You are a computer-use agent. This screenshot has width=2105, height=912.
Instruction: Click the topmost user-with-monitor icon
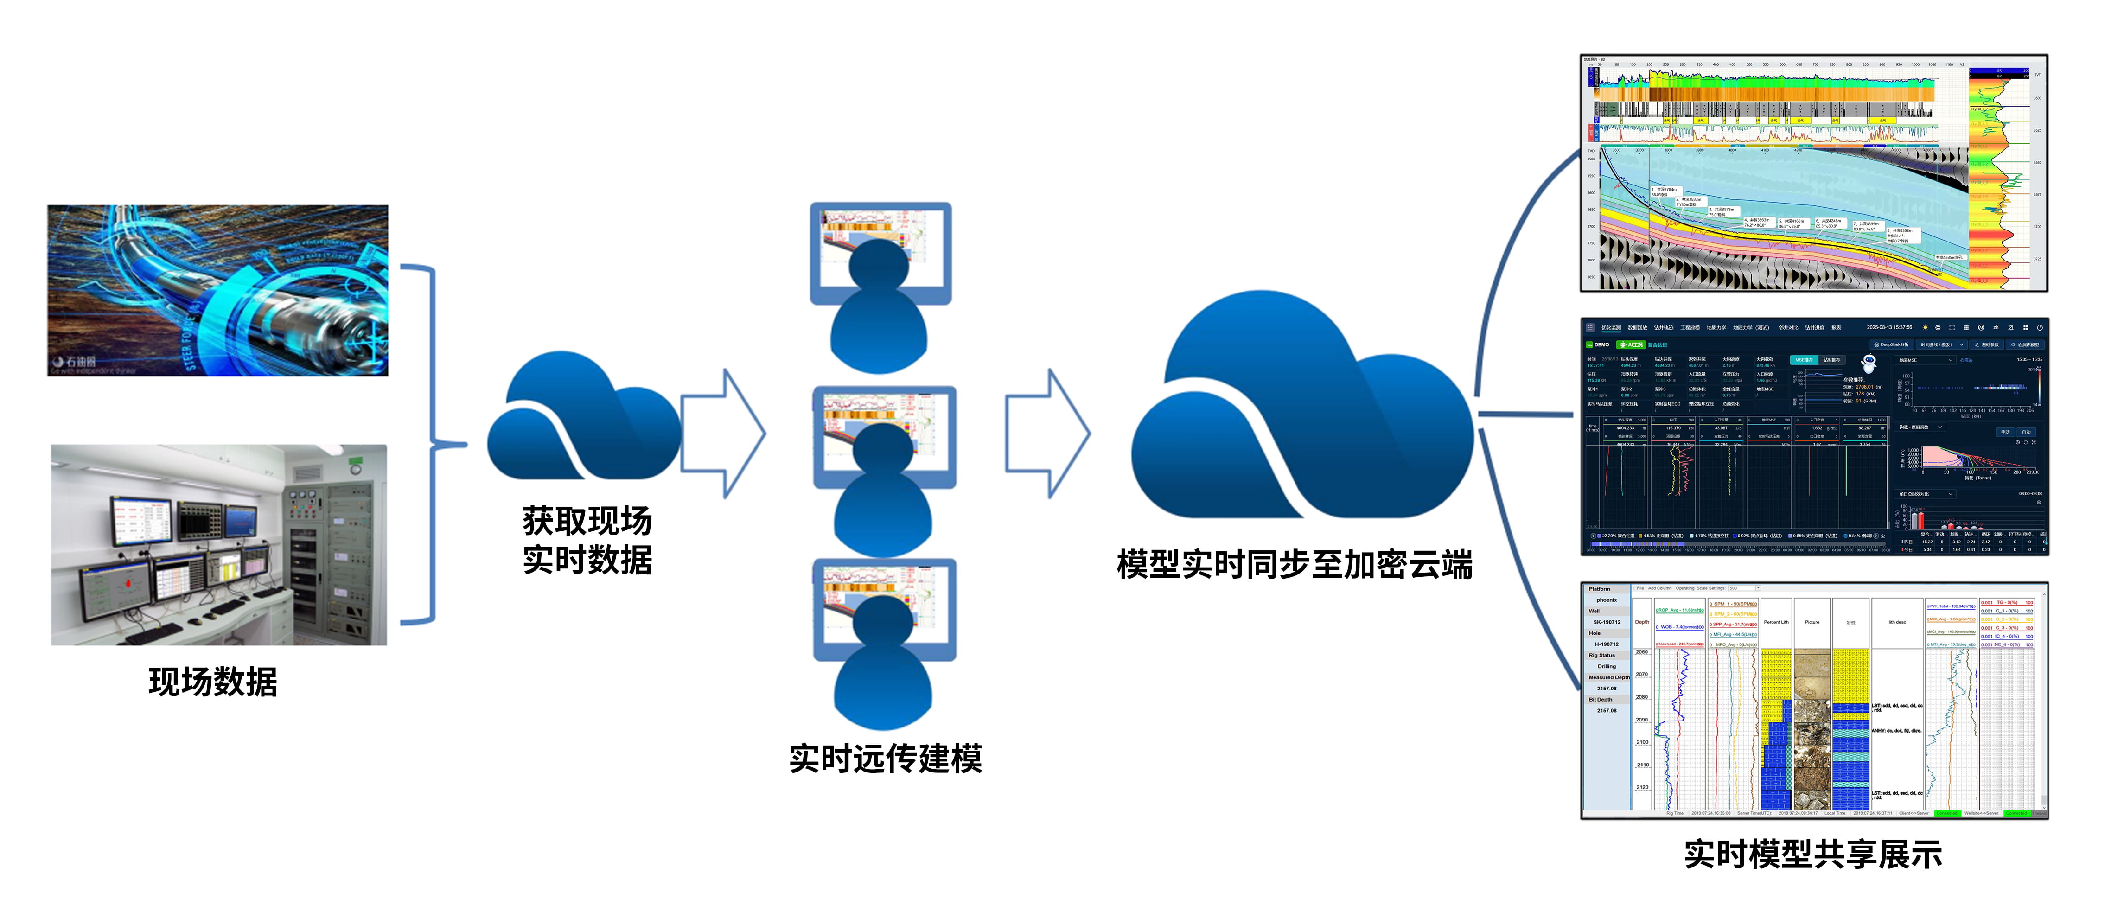click(880, 286)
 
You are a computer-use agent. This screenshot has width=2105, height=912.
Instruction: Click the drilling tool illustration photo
click(217, 290)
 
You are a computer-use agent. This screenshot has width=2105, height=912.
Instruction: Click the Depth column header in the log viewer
click(1642, 622)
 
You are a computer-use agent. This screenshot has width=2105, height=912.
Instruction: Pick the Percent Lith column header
click(1776, 622)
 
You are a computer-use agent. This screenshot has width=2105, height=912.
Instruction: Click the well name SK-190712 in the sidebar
click(1607, 622)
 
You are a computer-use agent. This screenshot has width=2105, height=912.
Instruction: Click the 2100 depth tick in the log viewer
click(1642, 742)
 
